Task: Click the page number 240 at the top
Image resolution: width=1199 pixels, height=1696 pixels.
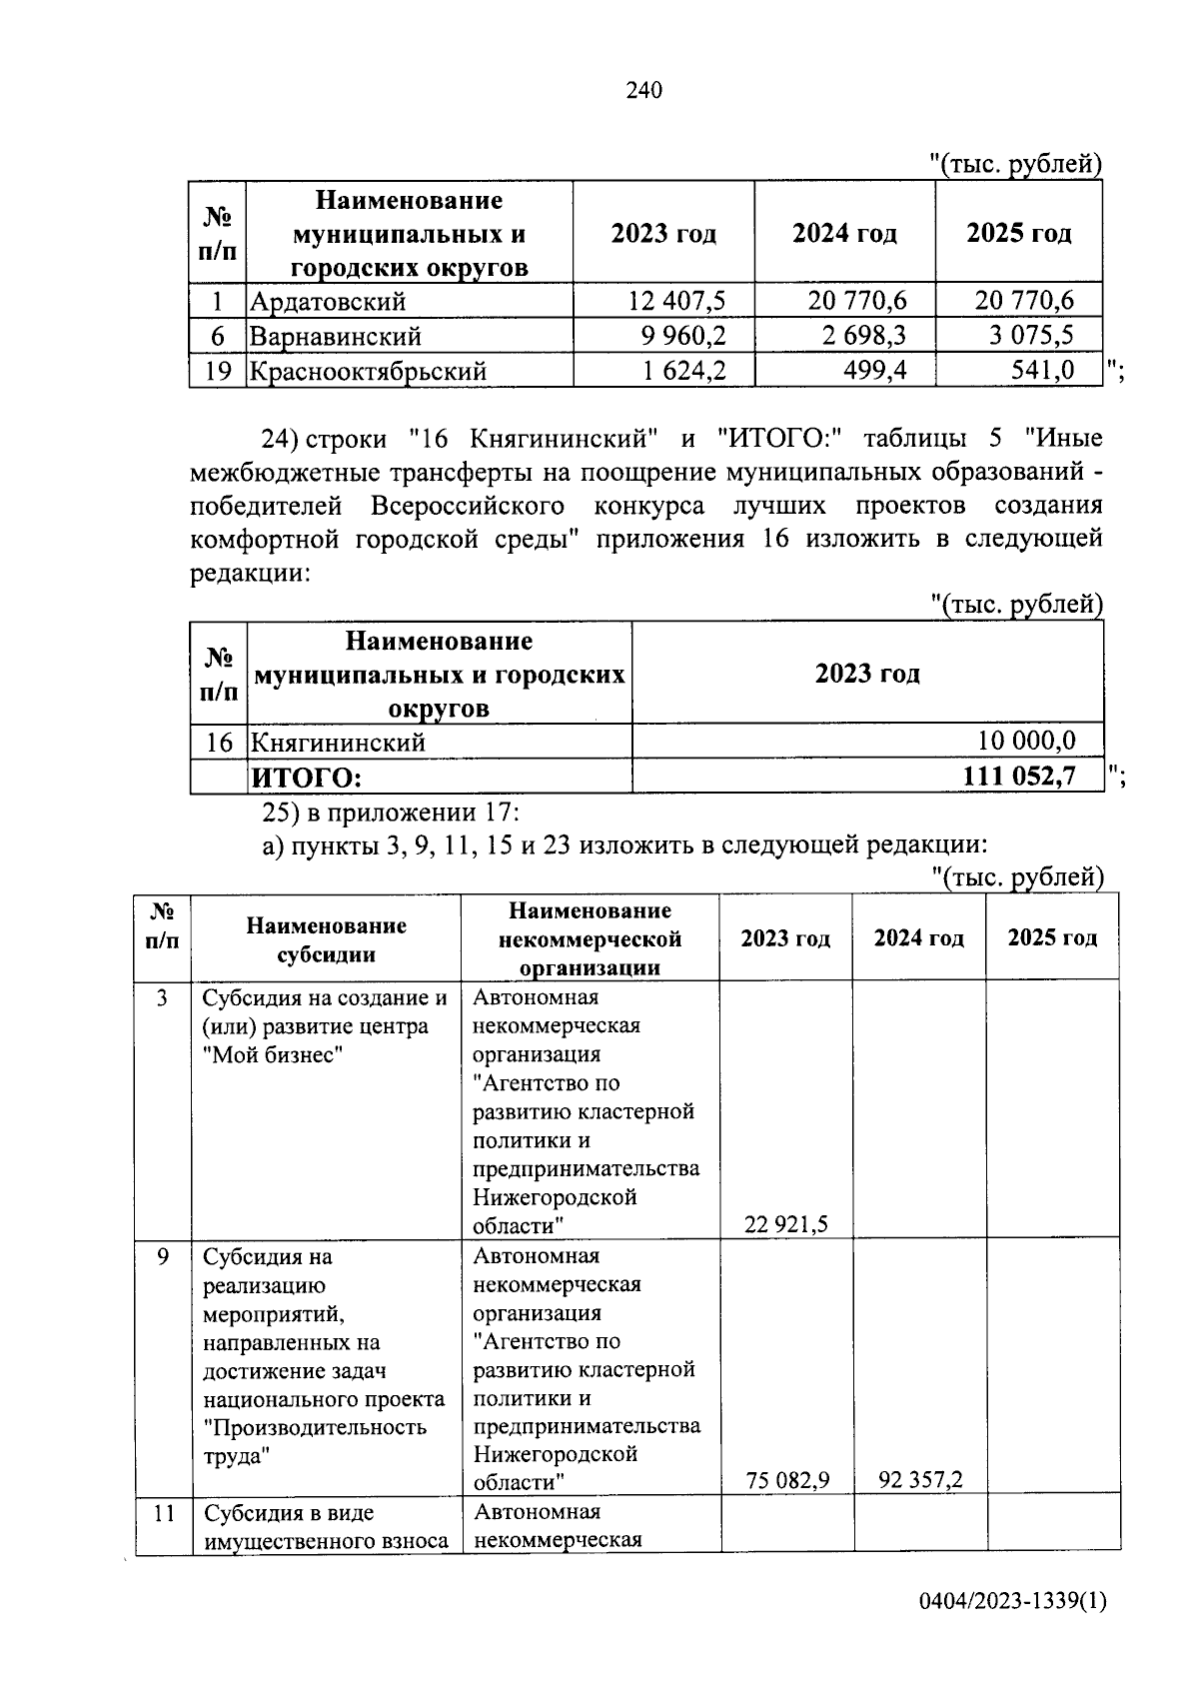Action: tap(643, 91)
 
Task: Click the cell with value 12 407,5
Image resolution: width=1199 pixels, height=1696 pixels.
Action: tap(676, 300)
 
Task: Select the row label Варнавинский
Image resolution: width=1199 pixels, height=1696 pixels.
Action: tap(336, 336)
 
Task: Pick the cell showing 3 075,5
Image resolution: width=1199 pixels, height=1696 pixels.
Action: tap(1032, 336)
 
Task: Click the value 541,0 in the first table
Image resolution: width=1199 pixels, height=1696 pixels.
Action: tap(1043, 371)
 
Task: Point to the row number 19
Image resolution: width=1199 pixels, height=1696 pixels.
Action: tap(218, 371)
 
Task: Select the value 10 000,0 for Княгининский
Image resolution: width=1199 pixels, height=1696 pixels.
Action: tap(1026, 742)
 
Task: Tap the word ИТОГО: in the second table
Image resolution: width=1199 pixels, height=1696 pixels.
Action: tap(306, 778)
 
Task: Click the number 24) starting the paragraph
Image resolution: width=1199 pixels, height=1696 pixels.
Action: tap(280, 439)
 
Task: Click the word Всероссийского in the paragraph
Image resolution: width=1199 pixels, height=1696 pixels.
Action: tap(468, 506)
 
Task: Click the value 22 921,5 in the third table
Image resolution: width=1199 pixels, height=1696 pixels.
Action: tap(786, 1224)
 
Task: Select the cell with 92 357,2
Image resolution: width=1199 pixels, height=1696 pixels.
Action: tap(920, 1479)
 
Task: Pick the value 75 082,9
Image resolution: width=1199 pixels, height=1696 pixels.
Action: tap(787, 1479)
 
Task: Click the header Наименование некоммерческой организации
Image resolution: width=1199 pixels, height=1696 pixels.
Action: tap(590, 938)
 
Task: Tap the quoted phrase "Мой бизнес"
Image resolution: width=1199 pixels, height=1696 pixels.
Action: tap(272, 1054)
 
